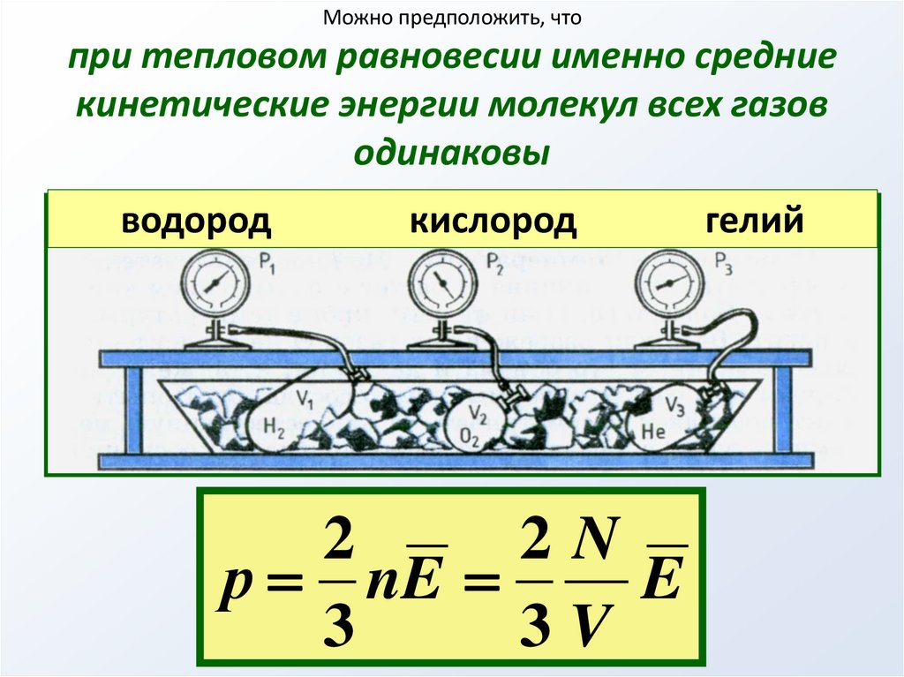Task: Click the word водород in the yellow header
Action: coord(196,221)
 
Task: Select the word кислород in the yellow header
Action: coord(493,221)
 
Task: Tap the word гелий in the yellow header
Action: coord(755,221)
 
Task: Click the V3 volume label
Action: coord(674,406)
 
